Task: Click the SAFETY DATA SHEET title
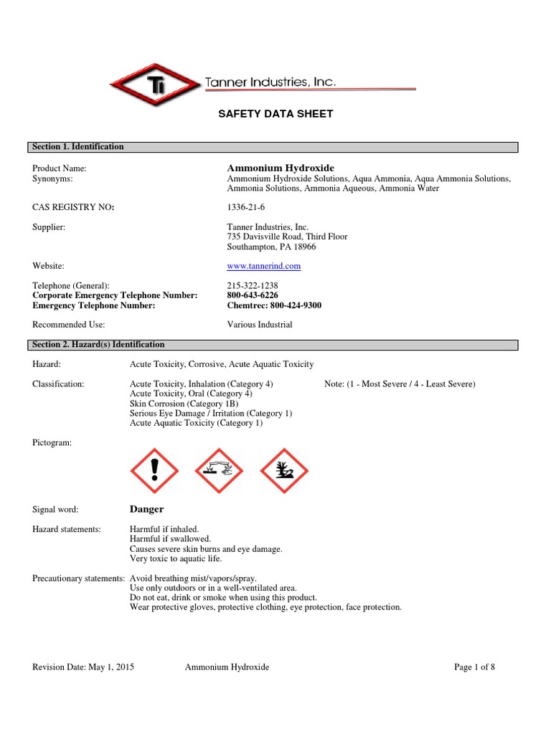275,114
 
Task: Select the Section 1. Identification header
77,147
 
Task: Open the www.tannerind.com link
263,266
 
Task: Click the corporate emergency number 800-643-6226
253,295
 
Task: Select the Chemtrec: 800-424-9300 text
274,305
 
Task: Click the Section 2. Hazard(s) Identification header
98,345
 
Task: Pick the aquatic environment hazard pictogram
283,471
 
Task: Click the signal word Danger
146,510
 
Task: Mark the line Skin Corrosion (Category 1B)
184,404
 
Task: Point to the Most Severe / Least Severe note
400,384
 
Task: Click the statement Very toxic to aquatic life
176,558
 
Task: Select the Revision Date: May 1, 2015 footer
83,667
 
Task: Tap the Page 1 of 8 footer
474,667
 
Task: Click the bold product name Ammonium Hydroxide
281,168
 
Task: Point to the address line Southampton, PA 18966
271,247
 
